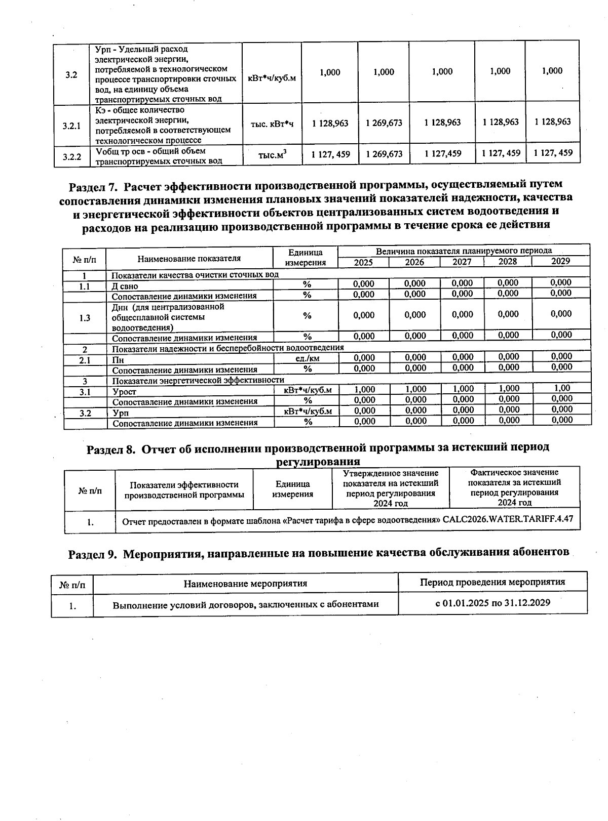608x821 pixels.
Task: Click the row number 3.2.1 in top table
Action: (72, 126)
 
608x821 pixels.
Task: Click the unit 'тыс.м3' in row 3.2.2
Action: (272, 155)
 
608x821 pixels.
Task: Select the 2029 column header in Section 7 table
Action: (560, 262)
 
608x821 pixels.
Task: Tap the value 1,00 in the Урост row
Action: (561, 388)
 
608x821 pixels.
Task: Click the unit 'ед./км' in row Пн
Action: (307, 358)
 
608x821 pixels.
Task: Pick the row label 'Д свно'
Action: (125, 286)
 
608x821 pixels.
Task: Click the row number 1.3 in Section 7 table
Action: (85, 318)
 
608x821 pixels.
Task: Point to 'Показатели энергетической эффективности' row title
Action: (198, 380)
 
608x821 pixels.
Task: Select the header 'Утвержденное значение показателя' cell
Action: (390, 488)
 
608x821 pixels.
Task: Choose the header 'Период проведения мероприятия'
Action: (492, 582)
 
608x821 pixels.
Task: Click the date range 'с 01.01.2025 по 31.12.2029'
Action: (492, 603)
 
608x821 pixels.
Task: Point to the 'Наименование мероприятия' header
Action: (245, 584)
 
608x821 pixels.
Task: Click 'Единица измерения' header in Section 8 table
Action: (292, 489)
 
